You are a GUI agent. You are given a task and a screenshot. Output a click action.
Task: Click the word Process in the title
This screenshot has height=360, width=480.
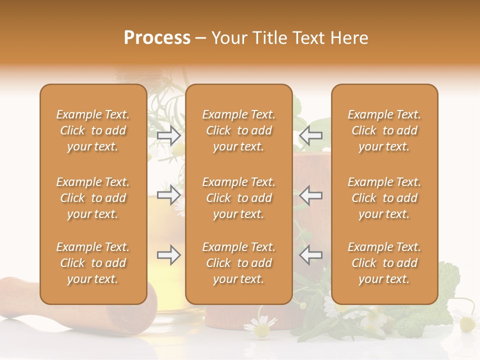point(157,38)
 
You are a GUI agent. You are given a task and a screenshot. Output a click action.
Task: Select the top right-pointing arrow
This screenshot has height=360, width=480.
point(168,135)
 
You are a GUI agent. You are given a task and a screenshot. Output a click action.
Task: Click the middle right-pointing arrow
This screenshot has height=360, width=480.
point(168,195)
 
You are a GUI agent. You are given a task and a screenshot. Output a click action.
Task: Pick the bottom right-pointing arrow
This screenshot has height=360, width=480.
point(168,255)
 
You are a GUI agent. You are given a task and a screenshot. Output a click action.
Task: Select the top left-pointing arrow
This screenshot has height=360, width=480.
point(310,135)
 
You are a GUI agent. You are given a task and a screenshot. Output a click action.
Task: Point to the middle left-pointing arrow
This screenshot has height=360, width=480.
point(310,195)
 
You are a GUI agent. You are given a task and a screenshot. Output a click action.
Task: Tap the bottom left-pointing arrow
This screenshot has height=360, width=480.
point(310,255)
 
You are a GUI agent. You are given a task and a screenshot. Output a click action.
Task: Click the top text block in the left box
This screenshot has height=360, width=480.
point(93,130)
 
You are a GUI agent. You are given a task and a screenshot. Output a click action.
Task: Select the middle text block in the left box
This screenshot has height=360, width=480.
point(93,198)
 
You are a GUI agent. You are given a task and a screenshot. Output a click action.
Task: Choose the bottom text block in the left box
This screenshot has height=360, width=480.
point(93,263)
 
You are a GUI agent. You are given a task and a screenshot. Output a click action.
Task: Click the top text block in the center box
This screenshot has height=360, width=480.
point(238,130)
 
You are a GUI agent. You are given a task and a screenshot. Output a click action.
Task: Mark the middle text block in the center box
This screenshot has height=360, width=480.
point(238,198)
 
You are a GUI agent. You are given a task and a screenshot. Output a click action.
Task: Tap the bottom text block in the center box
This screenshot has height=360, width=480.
point(238,263)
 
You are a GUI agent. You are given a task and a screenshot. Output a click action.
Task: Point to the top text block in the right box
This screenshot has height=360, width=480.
point(384,130)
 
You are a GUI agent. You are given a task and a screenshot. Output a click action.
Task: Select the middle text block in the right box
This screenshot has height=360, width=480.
point(384,198)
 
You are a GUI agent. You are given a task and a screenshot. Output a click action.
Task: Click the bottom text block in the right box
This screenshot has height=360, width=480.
point(384,263)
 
